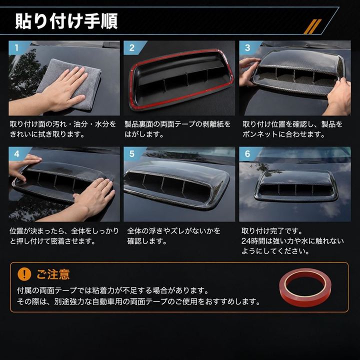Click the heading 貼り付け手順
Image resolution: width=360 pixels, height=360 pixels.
(66, 21)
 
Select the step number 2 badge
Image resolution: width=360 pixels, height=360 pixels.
(132, 48)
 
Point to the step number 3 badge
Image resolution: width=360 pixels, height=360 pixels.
(247, 48)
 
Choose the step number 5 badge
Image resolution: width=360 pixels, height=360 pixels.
(132, 154)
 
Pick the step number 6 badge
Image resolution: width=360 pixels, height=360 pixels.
(247, 154)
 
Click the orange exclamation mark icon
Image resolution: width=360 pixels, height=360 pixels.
(24, 274)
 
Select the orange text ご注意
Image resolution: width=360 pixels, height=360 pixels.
(53, 274)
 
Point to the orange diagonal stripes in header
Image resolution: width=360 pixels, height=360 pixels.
(312, 26)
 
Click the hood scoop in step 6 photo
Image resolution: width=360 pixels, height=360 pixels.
(295, 186)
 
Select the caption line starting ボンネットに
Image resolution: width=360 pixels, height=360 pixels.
(284, 134)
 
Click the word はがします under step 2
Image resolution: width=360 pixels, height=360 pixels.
(144, 134)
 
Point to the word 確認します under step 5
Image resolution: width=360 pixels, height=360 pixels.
(147, 241)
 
